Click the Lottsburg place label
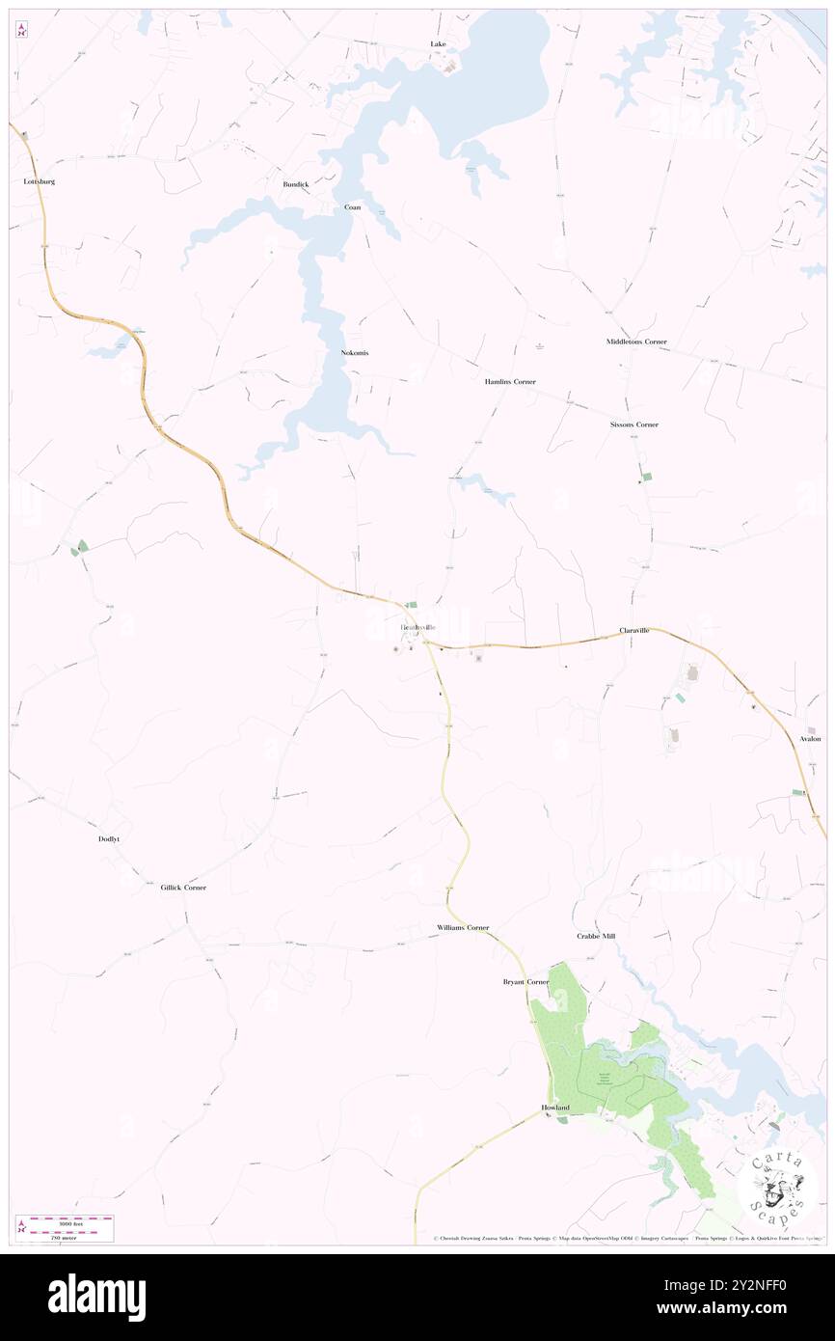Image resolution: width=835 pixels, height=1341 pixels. click(40, 181)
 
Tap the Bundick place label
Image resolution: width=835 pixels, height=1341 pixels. click(295, 183)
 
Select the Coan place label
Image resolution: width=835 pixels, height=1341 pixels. click(353, 207)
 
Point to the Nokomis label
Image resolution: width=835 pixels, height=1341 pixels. click(355, 353)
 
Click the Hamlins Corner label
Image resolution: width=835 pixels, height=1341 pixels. click(510, 382)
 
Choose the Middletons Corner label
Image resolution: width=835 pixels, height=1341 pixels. click(636, 342)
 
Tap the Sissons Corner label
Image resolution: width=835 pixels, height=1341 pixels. click(634, 424)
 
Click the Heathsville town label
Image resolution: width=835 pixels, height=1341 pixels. click(424, 628)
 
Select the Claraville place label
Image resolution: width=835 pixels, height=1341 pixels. click(634, 630)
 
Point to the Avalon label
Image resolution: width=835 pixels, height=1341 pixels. click(810, 739)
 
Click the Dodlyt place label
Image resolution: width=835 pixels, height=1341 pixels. click(109, 839)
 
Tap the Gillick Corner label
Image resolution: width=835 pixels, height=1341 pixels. click(183, 888)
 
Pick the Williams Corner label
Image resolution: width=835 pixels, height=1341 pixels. click(463, 927)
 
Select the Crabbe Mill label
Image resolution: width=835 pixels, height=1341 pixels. click(596, 937)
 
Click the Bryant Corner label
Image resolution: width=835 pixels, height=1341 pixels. click(525, 982)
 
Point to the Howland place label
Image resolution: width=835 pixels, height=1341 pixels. click(555, 1108)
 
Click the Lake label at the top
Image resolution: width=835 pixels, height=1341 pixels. click(439, 44)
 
